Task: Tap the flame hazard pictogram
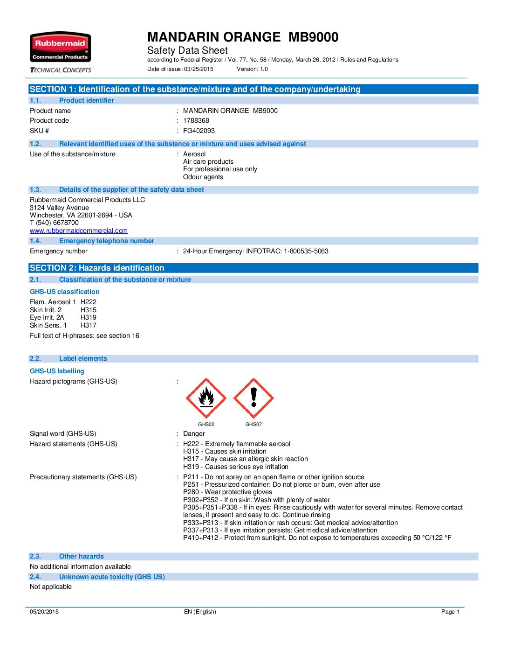[x=206, y=398]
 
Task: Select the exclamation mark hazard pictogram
[x=253, y=398]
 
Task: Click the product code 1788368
[x=196, y=120]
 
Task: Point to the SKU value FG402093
[x=199, y=131]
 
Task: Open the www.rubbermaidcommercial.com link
[x=78, y=231]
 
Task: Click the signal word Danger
[x=194, y=433]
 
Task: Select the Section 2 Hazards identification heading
[x=97, y=268]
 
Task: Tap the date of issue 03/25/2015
[x=199, y=69]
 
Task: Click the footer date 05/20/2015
[x=44, y=612]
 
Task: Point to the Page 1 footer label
[x=450, y=612]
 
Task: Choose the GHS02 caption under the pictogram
[x=206, y=424]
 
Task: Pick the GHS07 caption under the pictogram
[x=253, y=424]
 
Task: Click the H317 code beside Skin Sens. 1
[x=89, y=325]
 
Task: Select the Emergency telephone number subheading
[x=106, y=241]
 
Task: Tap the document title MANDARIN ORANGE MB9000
[x=243, y=37]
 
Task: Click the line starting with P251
[x=281, y=484]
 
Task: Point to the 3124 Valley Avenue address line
[x=59, y=208]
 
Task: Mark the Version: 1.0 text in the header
[x=252, y=69]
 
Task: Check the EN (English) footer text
[x=200, y=612]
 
